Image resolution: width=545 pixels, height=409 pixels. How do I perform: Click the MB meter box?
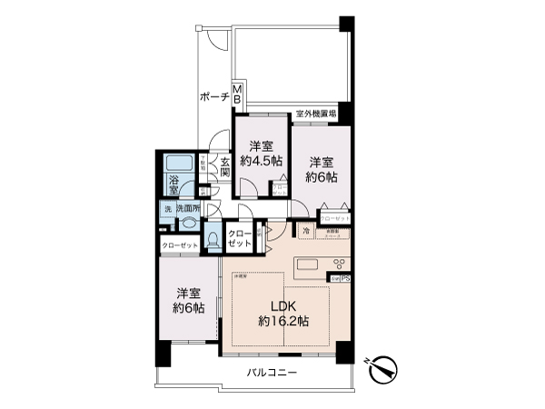[237, 93]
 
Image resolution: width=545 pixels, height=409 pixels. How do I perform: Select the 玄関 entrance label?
[224, 169]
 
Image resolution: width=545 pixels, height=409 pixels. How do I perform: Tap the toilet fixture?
[213, 240]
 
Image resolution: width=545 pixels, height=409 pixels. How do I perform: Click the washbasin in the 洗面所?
[190, 222]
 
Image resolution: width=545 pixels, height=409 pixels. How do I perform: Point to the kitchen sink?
[305, 267]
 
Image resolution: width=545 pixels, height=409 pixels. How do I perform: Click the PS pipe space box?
[346, 279]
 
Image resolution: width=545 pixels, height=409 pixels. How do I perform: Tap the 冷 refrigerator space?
[306, 232]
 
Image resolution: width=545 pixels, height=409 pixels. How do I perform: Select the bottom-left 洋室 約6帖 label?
[189, 300]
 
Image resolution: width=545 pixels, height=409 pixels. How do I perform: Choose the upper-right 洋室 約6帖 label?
[321, 160]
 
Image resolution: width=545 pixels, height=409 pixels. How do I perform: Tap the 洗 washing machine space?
[167, 209]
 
